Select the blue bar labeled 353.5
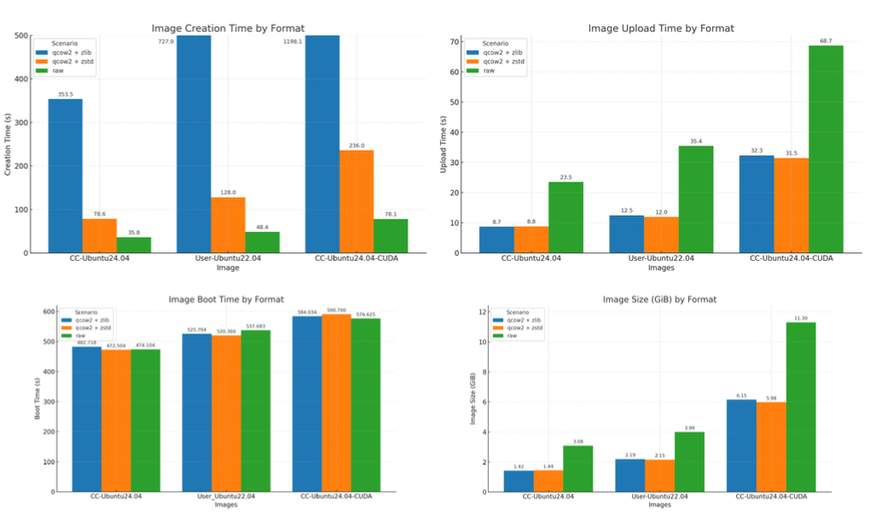coord(65,176)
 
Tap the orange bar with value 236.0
coord(356,201)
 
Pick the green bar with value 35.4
coord(696,199)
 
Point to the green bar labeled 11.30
coord(800,407)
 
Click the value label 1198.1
coord(293,41)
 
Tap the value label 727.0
coord(165,41)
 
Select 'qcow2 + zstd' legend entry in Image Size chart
coord(524,327)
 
